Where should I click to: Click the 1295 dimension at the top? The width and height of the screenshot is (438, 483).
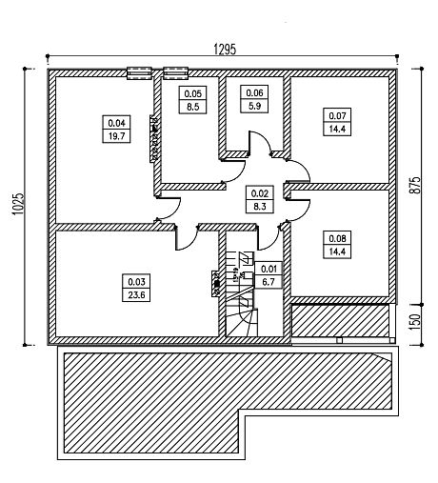pyautogui.click(x=225, y=50)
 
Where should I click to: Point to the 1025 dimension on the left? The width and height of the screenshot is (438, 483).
pyautogui.click(x=17, y=204)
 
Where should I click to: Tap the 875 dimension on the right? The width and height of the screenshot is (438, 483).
pyautogui.click(x=415, y=185)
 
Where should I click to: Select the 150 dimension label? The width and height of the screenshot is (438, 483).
pyautogui.click(x=415, y=321)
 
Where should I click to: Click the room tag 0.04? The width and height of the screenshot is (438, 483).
pyautogui.click(x=116, y=123)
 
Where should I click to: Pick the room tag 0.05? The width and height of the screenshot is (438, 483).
pyautogui.click(x=192, y=93)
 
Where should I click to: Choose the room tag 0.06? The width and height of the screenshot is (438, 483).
pyautogui.click(x=254, y=92)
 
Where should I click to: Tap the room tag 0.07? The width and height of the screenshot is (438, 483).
pyautogui.click(x=337, y=115)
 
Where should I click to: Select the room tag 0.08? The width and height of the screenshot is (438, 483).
pyautogui.click(x=337, y=238)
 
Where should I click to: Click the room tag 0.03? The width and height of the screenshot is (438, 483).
pyautogui.click(x=136, y=281)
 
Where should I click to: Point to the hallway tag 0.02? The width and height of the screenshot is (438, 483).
pyautogui.click(x=260, y=192)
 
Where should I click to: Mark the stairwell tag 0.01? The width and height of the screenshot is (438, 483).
pyautogui.click(x=269, y=269)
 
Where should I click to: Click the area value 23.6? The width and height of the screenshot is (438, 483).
pyautogui.click(x=136, y=295)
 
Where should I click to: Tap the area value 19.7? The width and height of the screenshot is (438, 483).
pyautogui.click(x=116, y=136)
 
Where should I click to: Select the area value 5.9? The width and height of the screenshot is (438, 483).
pyautogui.click(x=254, y=106)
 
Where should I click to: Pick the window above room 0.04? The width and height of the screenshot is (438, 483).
pyautogui.click(x=139, y=73)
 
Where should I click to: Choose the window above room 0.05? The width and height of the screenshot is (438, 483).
pyautogui.click(x=175, y=73)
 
